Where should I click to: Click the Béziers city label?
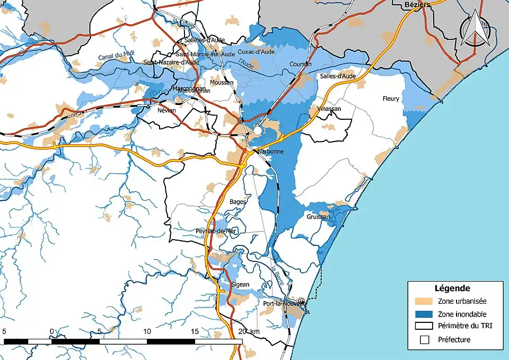pyautogui.click(x=417, y=5)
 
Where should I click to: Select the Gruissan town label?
pyautogui.click(x=318, y=217)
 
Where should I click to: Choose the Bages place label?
pyautogui.click(x=238, y=201)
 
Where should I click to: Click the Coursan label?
pyautogui.click(x=301, y=64)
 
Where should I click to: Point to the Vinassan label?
pyautogui.click(x=329, y=109)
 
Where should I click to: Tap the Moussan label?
pyautogui.click(x=222, y=83)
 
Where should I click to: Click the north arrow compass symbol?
pyautogui.click(x=473, y=30)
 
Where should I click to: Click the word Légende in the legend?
pyautogui.click(x=452, y=289)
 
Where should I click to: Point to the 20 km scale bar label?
pyautogui.click(x=249, y=331)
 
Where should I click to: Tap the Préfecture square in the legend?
pyautogui.click(x=424, y=340)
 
